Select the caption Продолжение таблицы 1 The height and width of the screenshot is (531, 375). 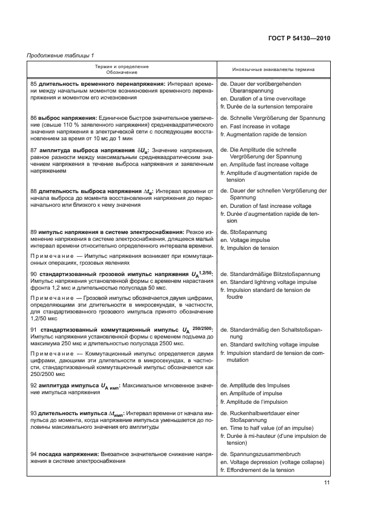click(61, 55)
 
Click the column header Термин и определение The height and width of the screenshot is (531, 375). click(122, 66)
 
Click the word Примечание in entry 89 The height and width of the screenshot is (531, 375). click(53, 257)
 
